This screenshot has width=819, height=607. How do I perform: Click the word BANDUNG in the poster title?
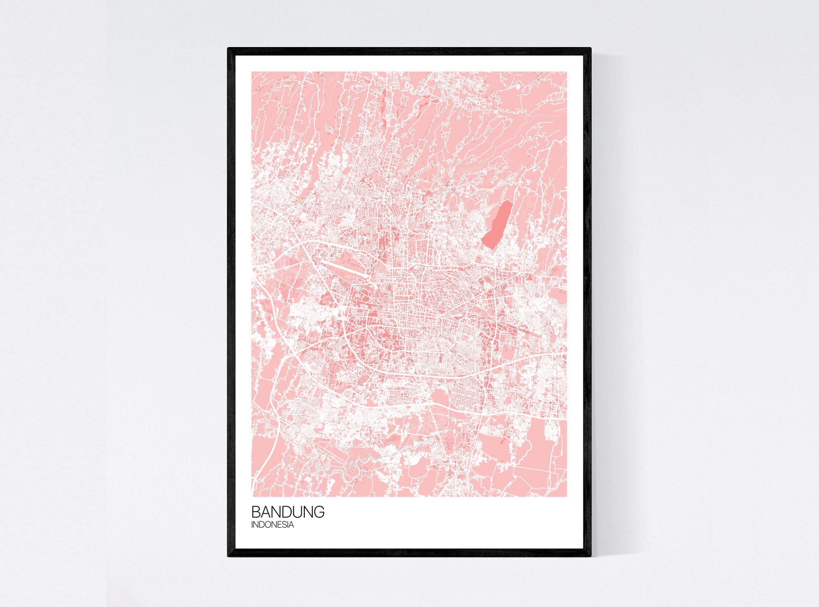click(x=287, y=513)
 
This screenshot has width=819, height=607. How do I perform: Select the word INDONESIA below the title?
click(x=272, y=525)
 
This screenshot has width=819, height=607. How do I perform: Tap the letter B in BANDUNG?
click(x=256, y=513)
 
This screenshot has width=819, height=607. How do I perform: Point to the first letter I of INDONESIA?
click(x=253, y=525)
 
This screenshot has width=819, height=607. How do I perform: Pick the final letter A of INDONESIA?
click(x=291, y=525)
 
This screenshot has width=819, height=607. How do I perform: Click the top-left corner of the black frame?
click(x=229, y=49)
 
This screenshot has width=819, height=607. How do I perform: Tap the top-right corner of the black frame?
click(x=590, y=49)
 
